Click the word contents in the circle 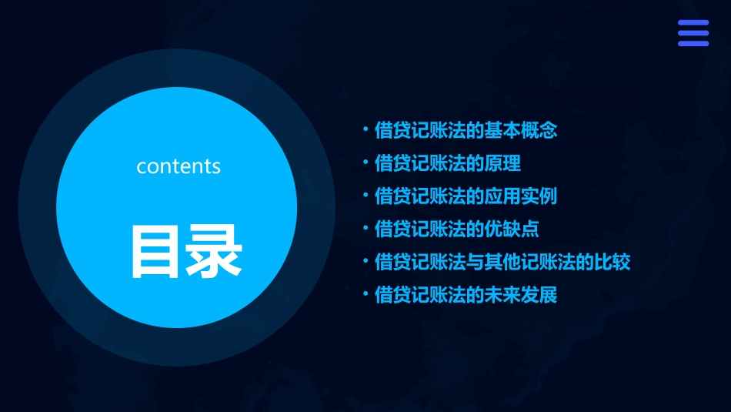pos(179,166)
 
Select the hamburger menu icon pos(693,34)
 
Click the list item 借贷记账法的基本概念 pos(466,130)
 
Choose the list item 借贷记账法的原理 pos(447,163)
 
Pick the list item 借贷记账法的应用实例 pos(466,196)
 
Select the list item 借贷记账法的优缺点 pos(456,229)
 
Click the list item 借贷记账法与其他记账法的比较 pos(502,262)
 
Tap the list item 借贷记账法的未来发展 pos(466,295)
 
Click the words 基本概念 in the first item pos(521,130)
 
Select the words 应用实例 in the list pos(521,196)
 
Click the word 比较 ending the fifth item pos(613,262)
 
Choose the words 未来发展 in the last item pos(521,295)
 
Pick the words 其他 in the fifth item pos(502,262)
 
